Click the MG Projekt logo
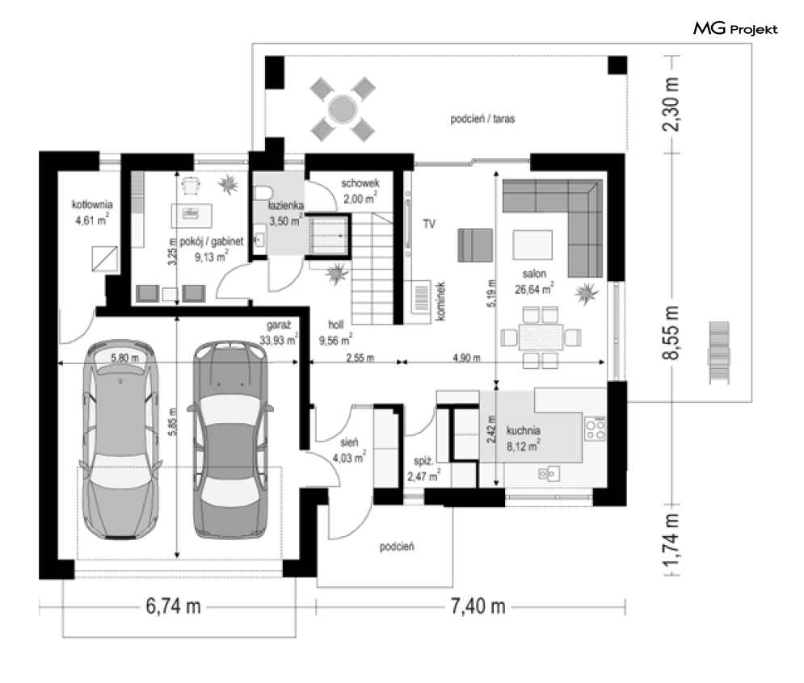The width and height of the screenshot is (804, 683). click(x=735, y=28)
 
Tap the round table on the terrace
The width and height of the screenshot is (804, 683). click(x=343, y=109)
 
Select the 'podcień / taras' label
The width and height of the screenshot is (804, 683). click(x=482, y=119)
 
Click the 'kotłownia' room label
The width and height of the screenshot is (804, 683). click(x=92, y=204)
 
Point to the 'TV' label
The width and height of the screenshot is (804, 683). click(x=429, y=224)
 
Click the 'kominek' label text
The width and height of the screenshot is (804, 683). click(x=440, y=301)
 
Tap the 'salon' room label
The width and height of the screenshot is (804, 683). click(x=534, y=274)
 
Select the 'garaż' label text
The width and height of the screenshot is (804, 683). click(x=279, y=325)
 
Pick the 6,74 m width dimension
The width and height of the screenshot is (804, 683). click(x=173, y=606)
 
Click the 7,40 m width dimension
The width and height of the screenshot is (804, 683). click(x=478, y=606)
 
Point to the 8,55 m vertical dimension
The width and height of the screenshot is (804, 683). click(x=671, y=333)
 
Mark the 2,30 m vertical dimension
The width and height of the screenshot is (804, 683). click(x=671, y=104)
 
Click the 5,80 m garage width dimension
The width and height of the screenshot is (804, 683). click(x=124, y=358)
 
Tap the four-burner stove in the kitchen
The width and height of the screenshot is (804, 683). click(x=596, y=429)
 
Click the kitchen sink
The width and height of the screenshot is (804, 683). click(x=549, y=474)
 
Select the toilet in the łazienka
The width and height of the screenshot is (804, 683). click(x=262, y=193)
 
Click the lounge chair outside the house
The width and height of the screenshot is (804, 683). click(x=718, y=352)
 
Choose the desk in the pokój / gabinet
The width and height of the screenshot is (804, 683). click(x=192, y=216)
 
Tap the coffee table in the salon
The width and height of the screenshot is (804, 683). click(x=532, y=245)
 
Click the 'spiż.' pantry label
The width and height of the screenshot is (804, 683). click(x=424, y=461)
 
